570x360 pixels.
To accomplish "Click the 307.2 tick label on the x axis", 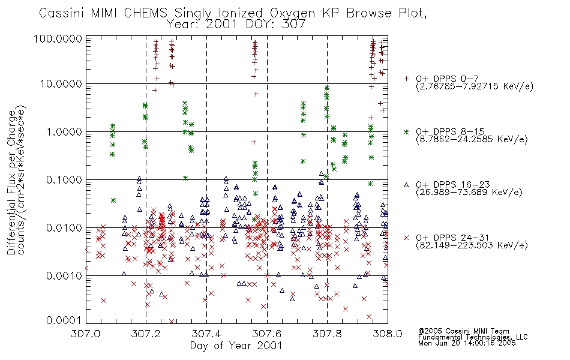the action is pyautogui.click(x=146, y=334).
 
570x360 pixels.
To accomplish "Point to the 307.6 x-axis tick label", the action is pyautogui.click(x=267, y=334).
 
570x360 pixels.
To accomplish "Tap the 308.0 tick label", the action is pyautogui.click(x=388, y=334).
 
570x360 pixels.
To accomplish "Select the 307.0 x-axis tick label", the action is pyautogui.click(x=86, y=334).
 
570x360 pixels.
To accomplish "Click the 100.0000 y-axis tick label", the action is pyautogui.click(x=58, y=38).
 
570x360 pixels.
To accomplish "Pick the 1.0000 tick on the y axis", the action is pyautogui.click(x=64, y=131).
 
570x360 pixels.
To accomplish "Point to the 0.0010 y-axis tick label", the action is pyautogui.click(x=64, y=275).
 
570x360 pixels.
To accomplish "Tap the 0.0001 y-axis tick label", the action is pyautogui.click(x=64, y=320).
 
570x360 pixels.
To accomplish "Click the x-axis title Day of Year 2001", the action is pyautogui.click(x=236, y=346).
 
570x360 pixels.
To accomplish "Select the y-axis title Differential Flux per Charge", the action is pyautogui.click(x=11, y=182).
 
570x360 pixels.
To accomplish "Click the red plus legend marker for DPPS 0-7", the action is pyautogui.click(x=406, y=79).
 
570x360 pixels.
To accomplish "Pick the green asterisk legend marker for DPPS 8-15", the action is pyautogui.click(x=406, y=131).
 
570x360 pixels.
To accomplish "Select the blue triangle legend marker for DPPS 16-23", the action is pyautogui.click(x=406, y=185).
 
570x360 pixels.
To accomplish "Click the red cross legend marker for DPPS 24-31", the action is pyautogui.click(x=406, y=238).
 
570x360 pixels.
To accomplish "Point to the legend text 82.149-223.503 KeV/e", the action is pyautogui.click(x=472, y=245).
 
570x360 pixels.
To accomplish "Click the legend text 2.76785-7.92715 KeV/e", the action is pyautogui.click(x=475, y=86).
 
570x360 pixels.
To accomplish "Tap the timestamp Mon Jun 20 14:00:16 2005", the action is pyautogui.click(x=467, y=343).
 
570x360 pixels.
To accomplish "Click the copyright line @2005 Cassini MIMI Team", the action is pyautogui.click(x=464, y=331).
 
